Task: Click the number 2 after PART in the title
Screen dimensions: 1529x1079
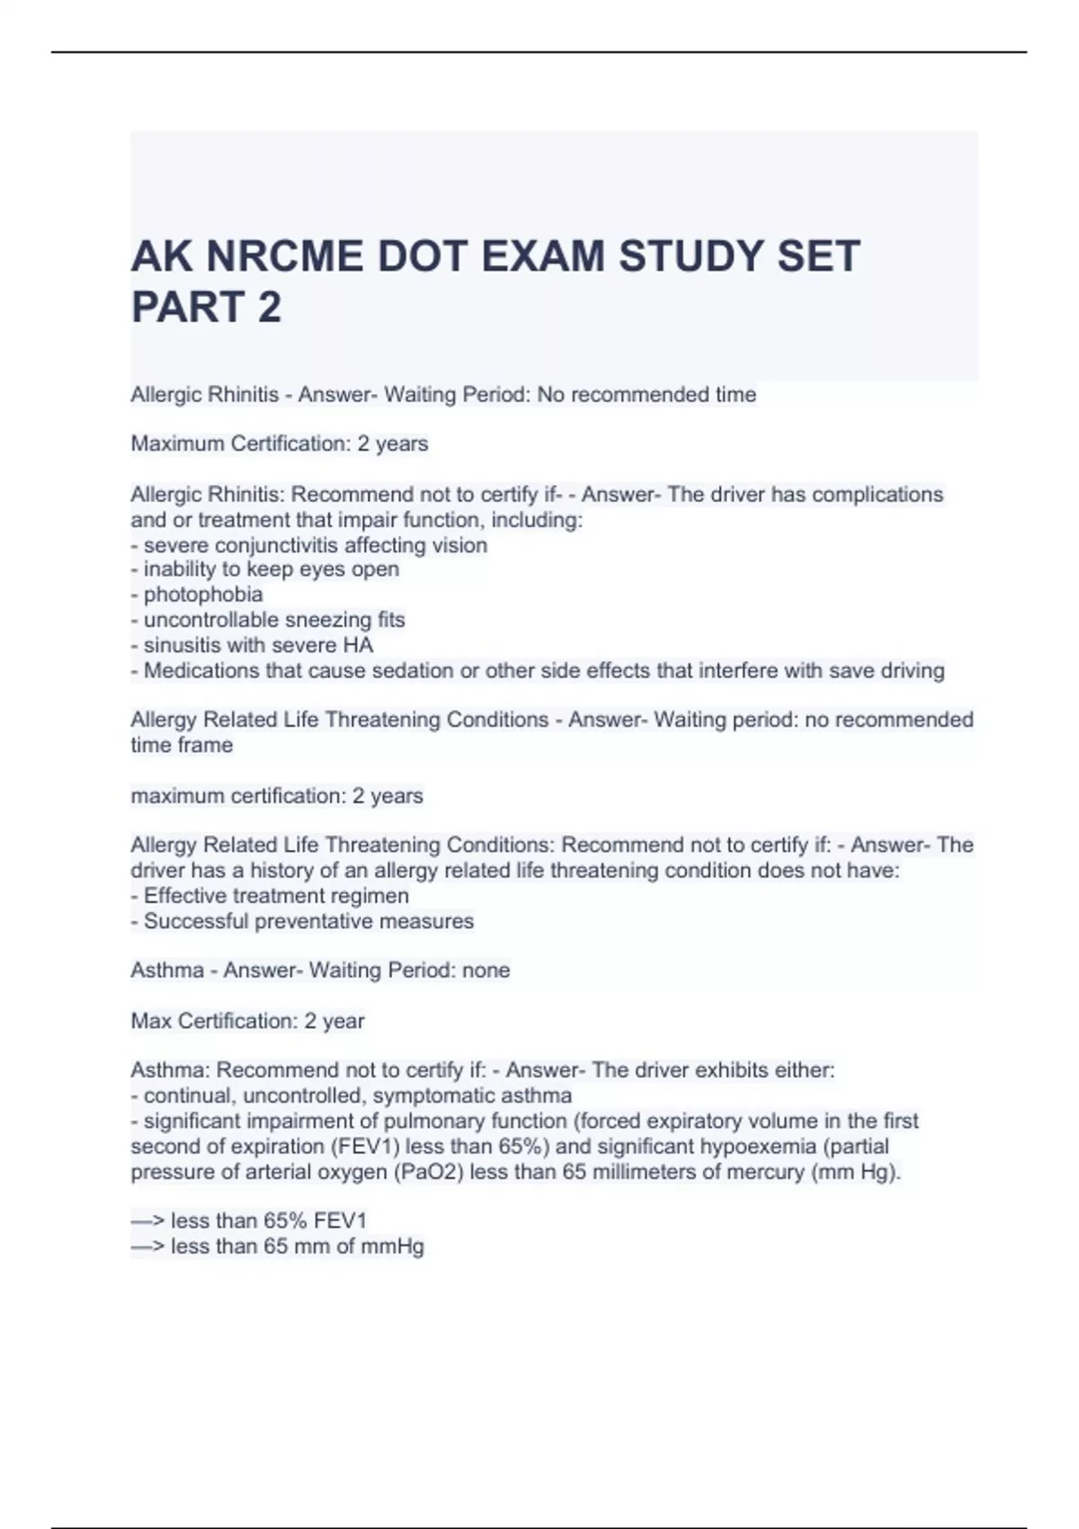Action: point(269,308)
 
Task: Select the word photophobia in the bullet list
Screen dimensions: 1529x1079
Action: point(203,595)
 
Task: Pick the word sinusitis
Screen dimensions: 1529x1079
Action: point(184,645)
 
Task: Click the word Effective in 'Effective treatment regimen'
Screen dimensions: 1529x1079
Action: point(186,896)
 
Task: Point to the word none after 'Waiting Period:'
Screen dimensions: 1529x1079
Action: point(486,970)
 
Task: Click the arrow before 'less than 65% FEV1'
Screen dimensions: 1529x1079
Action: point(147,1221)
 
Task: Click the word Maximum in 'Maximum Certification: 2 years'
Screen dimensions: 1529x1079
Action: point(177,444)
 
